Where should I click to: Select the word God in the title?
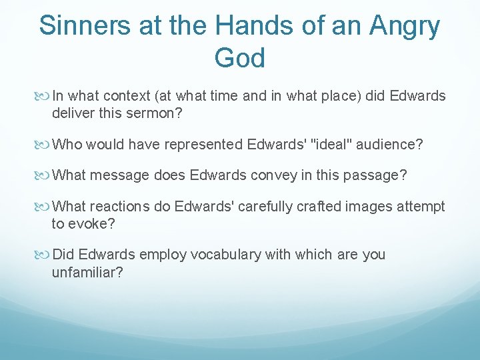(239, 58)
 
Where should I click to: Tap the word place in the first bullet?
(327, 96)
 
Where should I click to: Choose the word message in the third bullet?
(118, 175)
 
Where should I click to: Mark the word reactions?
(120, 207)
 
